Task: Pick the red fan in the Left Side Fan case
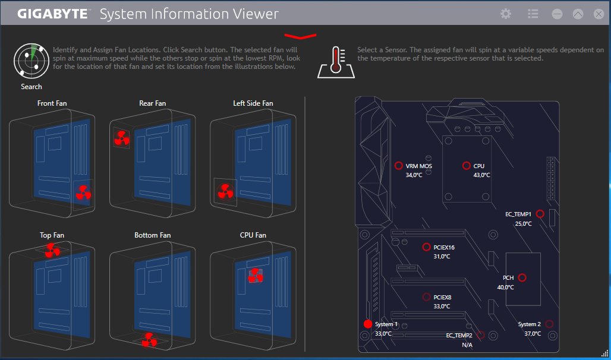(x=225, y=191)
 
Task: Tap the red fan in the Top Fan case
(x=52, y=251)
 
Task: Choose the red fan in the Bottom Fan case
(x=149, y=340)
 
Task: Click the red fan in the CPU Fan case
(x=256, y=275)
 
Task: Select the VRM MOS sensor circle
(x=399, y=166)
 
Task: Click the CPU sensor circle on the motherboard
(x=467, y=166)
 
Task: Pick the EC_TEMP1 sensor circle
(x=540, y=214)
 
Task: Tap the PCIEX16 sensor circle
(x=426, y=247)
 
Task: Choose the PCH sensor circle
(x=522, y=277)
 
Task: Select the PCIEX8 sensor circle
(x=426, y=297)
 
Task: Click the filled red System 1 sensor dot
(x=367, y=324)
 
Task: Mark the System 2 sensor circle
(x=549, y=324)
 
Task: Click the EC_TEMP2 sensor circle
(x=480, y=336)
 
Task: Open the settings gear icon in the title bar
(x=506, y=14)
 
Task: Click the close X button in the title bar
(x=599, y=14)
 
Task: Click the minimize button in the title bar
(x=557, y=14)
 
